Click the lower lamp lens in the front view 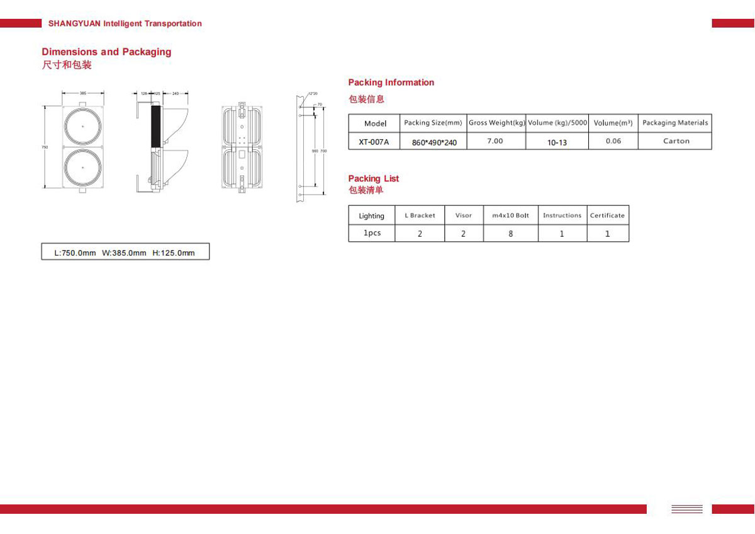coord(83,168)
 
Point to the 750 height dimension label coord(45,147)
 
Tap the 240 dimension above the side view coord(176,93)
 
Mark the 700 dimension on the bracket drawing coord(324,151)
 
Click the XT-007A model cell coord(374,142)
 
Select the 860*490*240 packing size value coord(434,142)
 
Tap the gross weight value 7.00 coord(495,141)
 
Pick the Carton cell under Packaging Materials coord(676,141)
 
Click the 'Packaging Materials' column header coord(674,123)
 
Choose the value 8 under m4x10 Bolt coord(510,234)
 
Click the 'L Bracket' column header coord(420,215)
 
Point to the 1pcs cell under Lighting coord(372,233)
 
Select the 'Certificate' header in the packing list coord(607,215)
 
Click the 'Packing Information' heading coord(391,82)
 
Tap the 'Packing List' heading coord(373,179)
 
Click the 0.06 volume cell coord(613,141)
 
